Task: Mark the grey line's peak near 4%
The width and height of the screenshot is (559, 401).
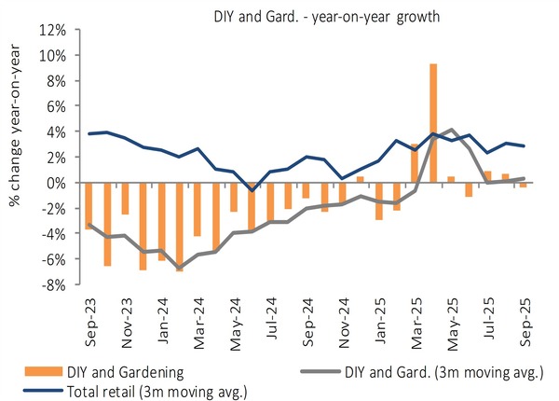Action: click(452, 130)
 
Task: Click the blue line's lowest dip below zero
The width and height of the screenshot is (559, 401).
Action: click(252, 190)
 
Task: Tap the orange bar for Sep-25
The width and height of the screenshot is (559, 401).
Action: click(524, 186)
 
